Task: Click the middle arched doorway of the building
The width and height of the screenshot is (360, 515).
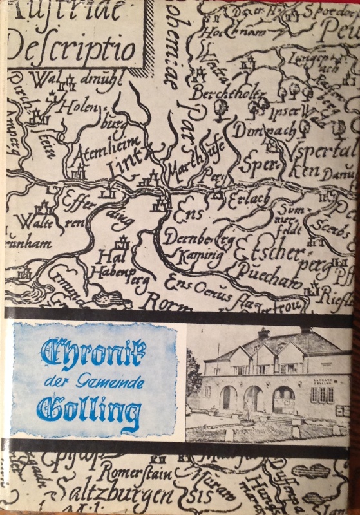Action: coord(252,398)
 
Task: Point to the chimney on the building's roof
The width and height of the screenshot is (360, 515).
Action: coord(263,333)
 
